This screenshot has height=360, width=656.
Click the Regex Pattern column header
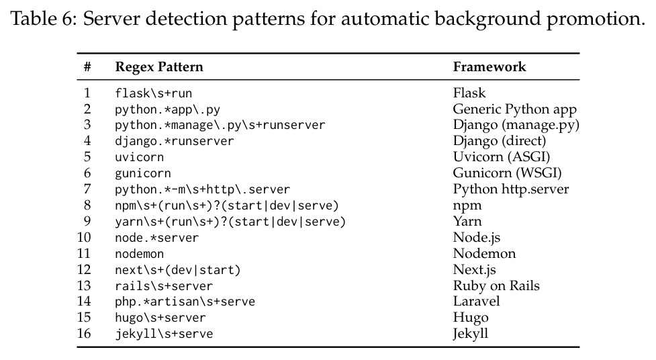[x=159, y=67]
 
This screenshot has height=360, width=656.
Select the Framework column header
[x=489, y=67]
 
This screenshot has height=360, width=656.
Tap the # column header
[x=87, y=67]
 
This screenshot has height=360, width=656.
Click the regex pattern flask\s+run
[x=154, y=93]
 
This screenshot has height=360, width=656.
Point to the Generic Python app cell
[x=514, y=109]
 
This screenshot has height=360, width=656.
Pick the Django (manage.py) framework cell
[x=516, y=125]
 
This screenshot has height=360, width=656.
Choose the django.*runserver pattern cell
[x=175, y=141]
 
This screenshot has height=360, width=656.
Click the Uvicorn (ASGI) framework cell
[x=501, y=157]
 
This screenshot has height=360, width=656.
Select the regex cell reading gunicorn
[x=143, y=173]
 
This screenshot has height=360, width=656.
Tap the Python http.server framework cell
[x=511, y=189]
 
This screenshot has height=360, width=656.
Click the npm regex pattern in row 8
[x=227, y=206]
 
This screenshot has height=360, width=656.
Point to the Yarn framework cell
[x=467, y=222]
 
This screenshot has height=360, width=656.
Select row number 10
[x=84, y=237]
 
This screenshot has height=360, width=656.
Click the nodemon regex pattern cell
[x=139, y=254]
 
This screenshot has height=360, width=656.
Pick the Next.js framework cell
[x=475, y=270]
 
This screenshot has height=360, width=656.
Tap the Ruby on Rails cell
[x=496, y=286]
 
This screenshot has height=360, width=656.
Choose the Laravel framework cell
[x=477, y=302]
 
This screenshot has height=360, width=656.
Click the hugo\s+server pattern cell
[x=160, y=318]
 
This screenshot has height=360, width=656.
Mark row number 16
[x=84, y=334]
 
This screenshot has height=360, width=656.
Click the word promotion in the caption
[x=596, y=19]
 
